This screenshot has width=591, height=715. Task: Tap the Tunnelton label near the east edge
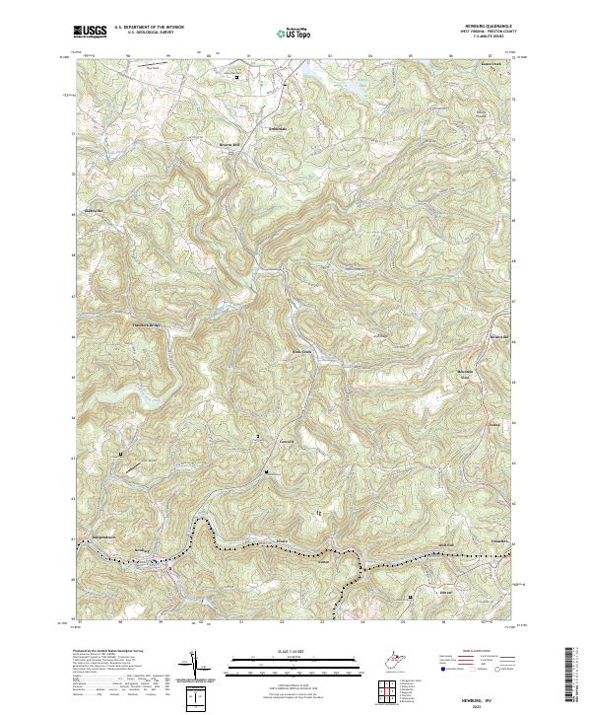500,541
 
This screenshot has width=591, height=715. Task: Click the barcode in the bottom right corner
576,678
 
